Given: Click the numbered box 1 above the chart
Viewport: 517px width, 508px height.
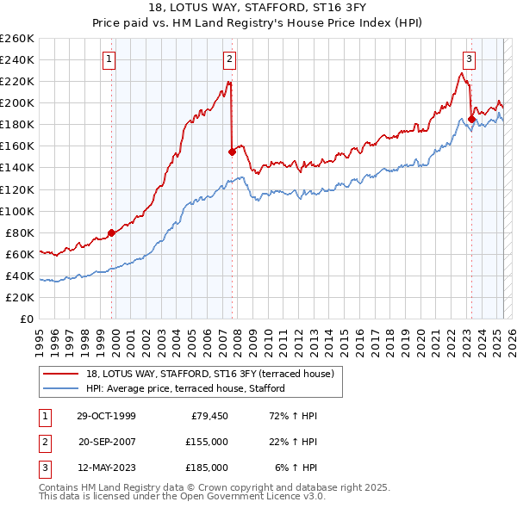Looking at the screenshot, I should click(x=111, y=59).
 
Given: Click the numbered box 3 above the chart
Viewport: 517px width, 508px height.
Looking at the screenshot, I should click(x=469, y=59).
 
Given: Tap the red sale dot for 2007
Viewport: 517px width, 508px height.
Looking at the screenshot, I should click(x=232, y=152).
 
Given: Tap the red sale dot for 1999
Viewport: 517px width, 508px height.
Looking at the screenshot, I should click(x=112, y=232).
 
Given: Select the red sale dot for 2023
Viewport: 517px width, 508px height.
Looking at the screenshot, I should click(x=471, y=119).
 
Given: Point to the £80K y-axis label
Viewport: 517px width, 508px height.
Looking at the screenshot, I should click(x=20, y=232).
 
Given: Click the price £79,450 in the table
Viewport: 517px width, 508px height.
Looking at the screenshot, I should click(x=209, y=416).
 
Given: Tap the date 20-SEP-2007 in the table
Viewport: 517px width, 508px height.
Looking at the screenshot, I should click(x=107, y=442).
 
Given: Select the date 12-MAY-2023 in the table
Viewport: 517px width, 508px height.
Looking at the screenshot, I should click(x=107, y=468).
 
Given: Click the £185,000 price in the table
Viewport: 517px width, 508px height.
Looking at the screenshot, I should click(x=206, y=468).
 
